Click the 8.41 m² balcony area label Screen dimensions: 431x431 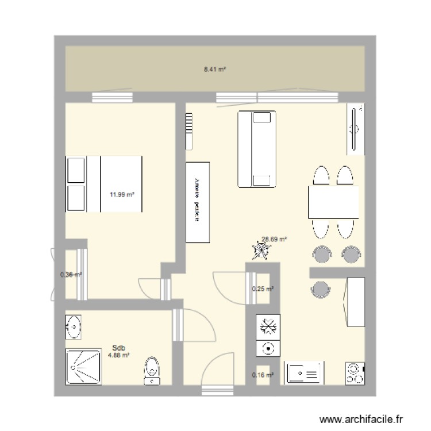[214, 68]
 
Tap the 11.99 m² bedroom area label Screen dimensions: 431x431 [122, 194]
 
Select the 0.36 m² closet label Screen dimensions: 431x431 [71, 275]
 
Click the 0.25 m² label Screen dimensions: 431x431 [263, 289]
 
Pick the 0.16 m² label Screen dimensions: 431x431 [263, 375]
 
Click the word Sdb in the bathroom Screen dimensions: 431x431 [119, 348]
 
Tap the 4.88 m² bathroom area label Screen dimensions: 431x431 [119, 355]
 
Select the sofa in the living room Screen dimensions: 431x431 [256, 149]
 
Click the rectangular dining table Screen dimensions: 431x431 [334, 202]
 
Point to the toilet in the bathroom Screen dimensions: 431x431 [152, 369]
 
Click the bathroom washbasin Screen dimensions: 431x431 [74, 327]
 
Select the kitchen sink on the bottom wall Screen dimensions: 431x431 [304, 374]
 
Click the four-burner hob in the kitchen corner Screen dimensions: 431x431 [355, 374]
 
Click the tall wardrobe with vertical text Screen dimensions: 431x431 [197, 202]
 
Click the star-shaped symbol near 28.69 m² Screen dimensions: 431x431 [260, 251]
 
